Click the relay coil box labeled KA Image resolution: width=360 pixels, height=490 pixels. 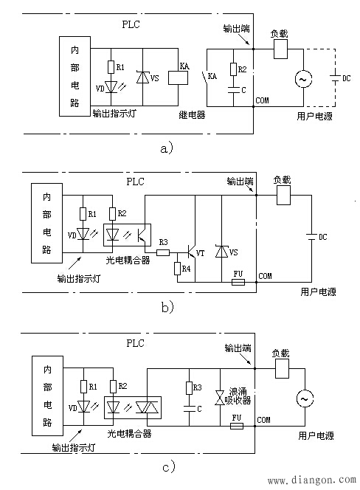pos(178,77)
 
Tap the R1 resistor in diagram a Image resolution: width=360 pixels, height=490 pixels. pos(111,67)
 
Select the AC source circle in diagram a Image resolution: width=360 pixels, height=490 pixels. pos(303,79)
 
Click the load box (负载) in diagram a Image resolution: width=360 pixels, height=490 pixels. pos(280,49)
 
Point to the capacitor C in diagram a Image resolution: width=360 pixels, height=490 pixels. pos(233,90)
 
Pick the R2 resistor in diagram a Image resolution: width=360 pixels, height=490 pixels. pos(233,69)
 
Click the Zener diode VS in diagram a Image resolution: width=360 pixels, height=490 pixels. pos(143,77)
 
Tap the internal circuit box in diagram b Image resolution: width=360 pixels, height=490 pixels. pos(47,223)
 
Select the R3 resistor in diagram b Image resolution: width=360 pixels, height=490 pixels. pos(163,252)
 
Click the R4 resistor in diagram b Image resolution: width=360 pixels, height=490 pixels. pos(178,269)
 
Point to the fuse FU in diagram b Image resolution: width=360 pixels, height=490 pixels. pos(238,282)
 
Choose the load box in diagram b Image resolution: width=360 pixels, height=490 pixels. pos(284,196)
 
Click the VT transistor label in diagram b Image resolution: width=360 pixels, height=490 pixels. pos(200,253)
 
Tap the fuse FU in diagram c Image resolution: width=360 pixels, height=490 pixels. pos(237,426)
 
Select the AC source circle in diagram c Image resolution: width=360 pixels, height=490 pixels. pos(305,398)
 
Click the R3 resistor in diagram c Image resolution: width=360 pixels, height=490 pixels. pos(189,388)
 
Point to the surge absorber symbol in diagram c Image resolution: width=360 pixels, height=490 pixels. pos(220,398)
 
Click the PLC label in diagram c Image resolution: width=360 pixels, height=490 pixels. pos(135,343)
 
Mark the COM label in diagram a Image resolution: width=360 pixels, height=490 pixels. pos(262,100)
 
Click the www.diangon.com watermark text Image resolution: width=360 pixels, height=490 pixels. pos(312,480)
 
